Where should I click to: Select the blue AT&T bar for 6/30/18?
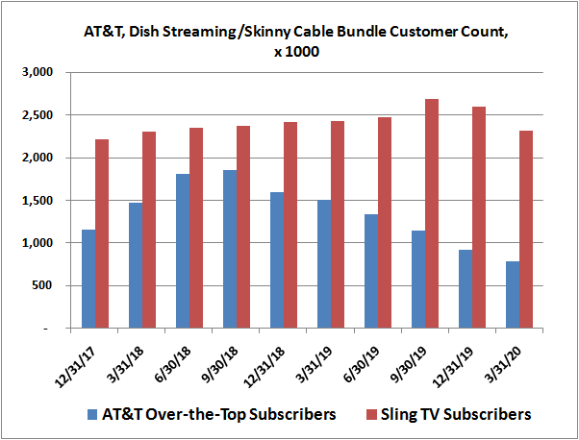pos(184,251)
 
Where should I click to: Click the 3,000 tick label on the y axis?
pos(41,73)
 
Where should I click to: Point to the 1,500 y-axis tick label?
pos(41,201)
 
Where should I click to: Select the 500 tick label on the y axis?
pos(47,286)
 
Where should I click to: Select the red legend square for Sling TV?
pos(364,415)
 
